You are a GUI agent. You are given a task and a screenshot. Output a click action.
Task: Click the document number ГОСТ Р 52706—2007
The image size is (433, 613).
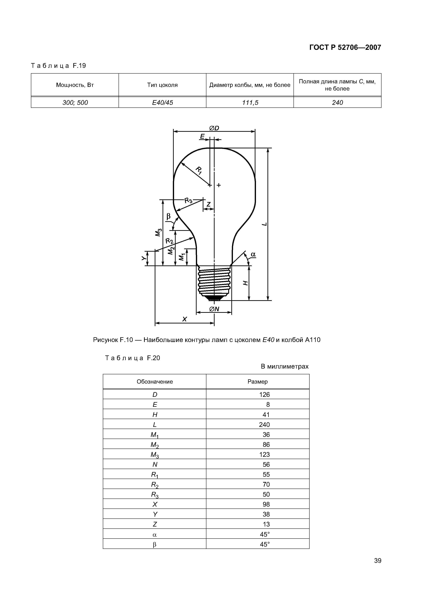(345, 48)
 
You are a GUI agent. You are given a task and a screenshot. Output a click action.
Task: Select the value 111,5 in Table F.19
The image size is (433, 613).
(250, 103)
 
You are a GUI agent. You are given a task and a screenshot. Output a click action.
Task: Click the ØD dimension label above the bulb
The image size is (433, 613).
(214, 128)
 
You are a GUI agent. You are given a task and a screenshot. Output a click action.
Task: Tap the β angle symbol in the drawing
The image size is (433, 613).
(168, 216)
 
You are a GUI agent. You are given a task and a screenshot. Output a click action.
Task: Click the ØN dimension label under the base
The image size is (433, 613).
(214, 309)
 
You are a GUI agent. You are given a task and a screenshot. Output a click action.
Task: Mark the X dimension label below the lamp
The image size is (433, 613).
(184, 319)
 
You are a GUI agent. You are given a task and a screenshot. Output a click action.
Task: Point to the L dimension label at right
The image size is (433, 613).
(264, 224)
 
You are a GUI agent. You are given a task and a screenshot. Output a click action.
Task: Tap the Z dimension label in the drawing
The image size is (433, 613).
(209, 204)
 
